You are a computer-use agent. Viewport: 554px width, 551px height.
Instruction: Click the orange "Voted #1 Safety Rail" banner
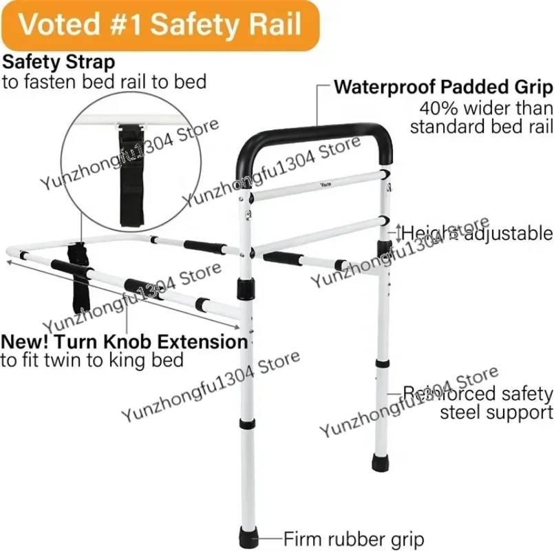pos(160,25)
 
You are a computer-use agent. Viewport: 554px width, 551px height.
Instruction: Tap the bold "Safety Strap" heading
pos(58,61)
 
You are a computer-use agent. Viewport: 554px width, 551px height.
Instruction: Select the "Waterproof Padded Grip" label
pos(443,87)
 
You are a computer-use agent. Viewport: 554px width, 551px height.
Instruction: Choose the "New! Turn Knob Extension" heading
pos(124,342)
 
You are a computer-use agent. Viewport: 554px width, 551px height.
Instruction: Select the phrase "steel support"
pos(496,413)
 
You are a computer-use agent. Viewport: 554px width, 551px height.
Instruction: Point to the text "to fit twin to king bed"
pos(92,360)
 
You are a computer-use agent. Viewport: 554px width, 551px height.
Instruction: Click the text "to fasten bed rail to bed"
pos(104,82)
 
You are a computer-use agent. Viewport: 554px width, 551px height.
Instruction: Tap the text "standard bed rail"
pos(481,127)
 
